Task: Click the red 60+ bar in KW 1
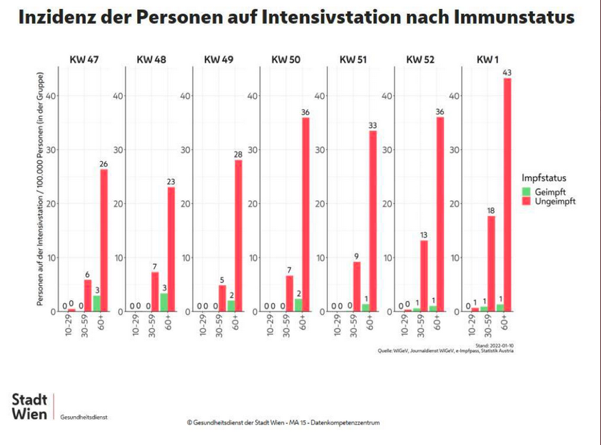(508, 195)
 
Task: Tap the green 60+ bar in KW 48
(163, 302)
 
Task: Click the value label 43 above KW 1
(508, 72)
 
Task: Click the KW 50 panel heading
(285, 60)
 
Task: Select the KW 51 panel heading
(353, 60)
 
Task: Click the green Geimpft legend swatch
(526, 192)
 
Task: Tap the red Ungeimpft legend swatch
(526, 202)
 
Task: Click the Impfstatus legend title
(544, 178)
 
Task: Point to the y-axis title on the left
(43, 189)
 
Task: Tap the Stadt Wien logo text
(30, 407)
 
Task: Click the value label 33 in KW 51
(373, 125)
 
